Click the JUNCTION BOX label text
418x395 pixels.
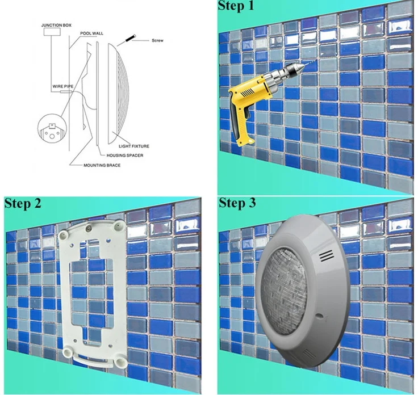point(56,26)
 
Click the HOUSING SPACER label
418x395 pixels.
point(124,155)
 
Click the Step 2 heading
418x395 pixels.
point(23,203)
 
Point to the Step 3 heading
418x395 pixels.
point(237,203)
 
